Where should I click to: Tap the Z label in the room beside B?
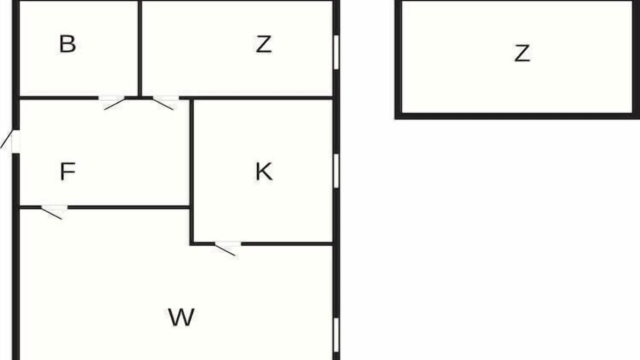tap(263, 44)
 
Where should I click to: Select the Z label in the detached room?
tap(522, 53)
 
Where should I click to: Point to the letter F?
tap(67, 171)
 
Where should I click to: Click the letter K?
tap(263, 171)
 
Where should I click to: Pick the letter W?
tap(181, 317)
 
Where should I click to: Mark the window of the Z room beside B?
tap(336, 52)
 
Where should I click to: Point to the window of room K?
tap(336, 171)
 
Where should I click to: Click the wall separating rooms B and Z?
tap(139, 48)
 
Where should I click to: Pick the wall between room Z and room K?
tap(256, 98)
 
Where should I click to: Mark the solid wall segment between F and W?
tap(129, 207)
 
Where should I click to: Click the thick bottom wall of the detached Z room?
tap(517, 116)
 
